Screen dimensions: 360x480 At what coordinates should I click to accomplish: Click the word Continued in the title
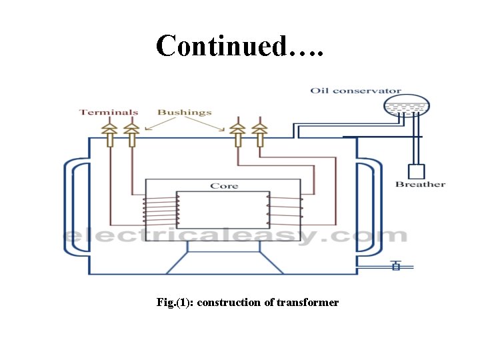click(224, 45)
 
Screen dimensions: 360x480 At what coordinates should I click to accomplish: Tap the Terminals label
click(109, 112)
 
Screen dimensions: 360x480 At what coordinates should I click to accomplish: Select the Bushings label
click(185, 112)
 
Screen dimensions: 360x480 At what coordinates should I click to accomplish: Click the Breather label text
click(420, 184)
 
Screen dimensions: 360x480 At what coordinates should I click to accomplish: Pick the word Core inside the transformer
click(224, 185)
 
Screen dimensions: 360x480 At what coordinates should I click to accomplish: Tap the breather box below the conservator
click(417, 171)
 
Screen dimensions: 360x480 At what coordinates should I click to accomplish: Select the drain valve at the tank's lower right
click(395, 266)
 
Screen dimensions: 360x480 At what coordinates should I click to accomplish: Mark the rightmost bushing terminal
click(259, 134)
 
